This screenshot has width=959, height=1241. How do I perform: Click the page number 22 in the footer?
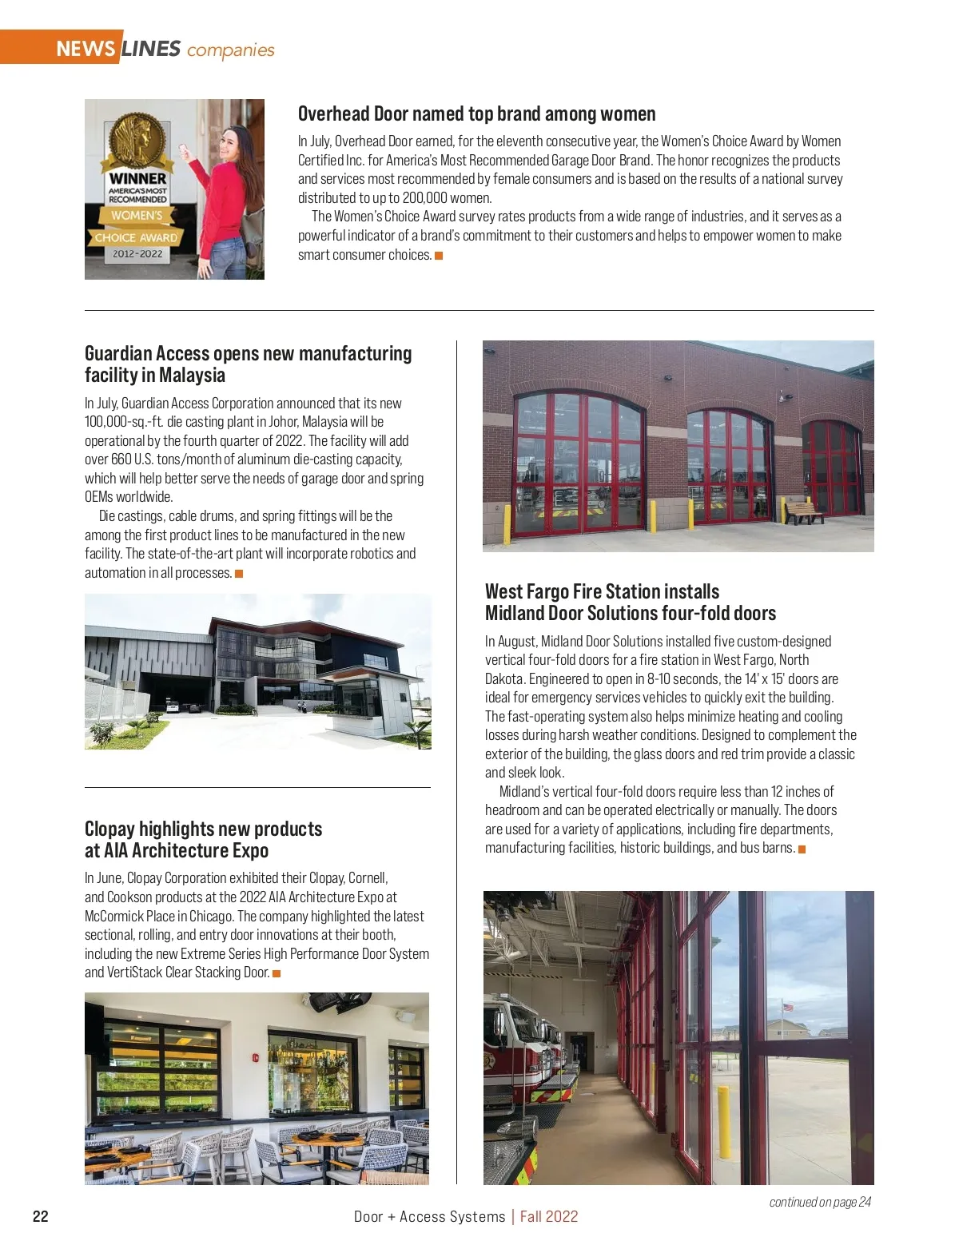40,1216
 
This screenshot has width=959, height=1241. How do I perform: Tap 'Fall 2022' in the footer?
549,1216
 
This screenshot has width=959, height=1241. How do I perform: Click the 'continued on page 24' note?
820,1202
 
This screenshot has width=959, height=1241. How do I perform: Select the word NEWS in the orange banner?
86,49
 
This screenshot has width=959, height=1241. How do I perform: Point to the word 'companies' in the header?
230,50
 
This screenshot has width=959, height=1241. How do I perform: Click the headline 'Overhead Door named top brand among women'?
476,113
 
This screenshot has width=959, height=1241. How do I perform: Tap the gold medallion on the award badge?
137,140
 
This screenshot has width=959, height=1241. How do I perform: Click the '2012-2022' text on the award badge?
137,254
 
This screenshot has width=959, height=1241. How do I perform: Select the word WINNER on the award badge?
137,178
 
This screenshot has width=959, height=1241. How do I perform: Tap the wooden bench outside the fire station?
803,511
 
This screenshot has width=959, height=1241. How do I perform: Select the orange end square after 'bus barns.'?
802,849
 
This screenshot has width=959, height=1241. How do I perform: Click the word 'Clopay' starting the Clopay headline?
109,829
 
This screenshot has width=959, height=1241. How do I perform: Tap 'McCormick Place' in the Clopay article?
129,916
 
